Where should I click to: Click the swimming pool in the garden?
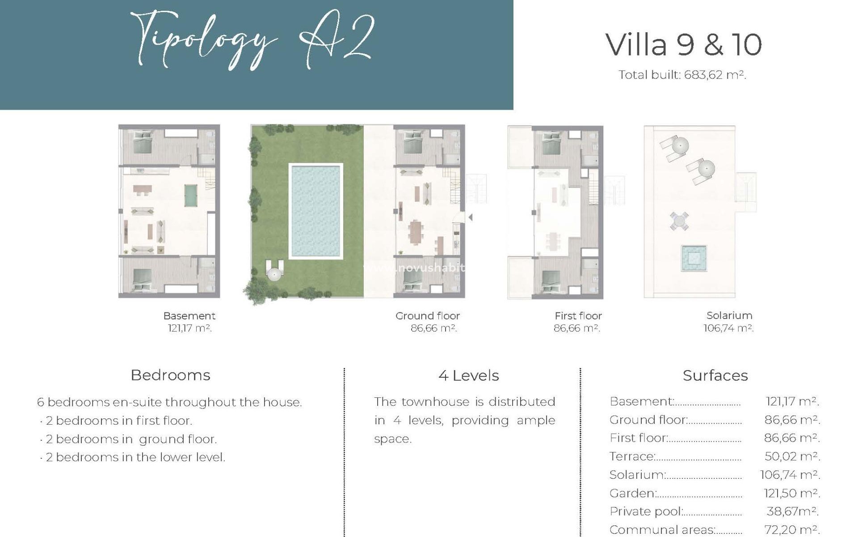tap(316, 211)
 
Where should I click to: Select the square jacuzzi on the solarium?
tap(694, 258)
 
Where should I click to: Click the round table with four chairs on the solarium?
tap(679, 221)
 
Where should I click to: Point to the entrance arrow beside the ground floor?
tap(470, 217)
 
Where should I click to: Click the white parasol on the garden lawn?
tap(273, 273)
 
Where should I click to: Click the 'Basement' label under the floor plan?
tap(189, 315)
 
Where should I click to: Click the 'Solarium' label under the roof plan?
tap(729, 315)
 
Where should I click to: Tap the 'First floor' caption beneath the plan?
tap(578, 315)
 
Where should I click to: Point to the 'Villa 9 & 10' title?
tap(684, 44)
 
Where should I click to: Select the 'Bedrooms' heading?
tap(170, 375)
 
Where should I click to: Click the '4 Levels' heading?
tap(468, 375)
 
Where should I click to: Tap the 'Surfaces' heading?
tap(715, 375)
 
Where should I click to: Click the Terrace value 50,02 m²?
tap(792, 456)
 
